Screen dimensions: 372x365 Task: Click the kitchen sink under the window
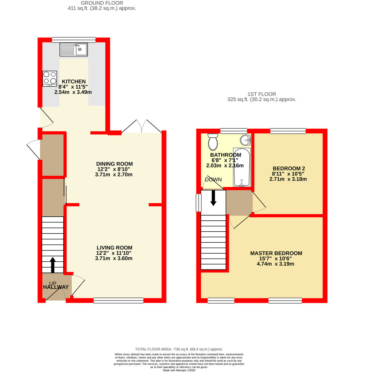[74, 49]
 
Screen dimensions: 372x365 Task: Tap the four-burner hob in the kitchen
[50, 78]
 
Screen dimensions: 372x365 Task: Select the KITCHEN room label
[74, 82]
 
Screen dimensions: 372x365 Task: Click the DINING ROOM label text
[114, 164]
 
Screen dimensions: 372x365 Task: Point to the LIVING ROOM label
[114, 248]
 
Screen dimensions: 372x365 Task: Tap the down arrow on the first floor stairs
[213, 198]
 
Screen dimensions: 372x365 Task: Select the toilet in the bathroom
[213, 142]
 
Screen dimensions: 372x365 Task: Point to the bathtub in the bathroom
[242, 167]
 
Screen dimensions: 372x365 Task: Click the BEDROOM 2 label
[289, 169]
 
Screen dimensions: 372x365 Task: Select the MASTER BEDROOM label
[276, 253]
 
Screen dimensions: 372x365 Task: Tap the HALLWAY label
[56, 287]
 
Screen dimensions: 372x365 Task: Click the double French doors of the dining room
[142, 127]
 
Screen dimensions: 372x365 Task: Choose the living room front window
[118, 300]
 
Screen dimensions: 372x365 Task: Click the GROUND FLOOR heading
[102, 3]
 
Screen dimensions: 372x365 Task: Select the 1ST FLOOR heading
[262, 94]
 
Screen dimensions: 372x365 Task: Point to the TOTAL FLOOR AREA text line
[179, 349]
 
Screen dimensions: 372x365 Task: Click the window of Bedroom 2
[288, 131]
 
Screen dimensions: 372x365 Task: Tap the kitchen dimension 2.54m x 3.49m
[73, 92]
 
